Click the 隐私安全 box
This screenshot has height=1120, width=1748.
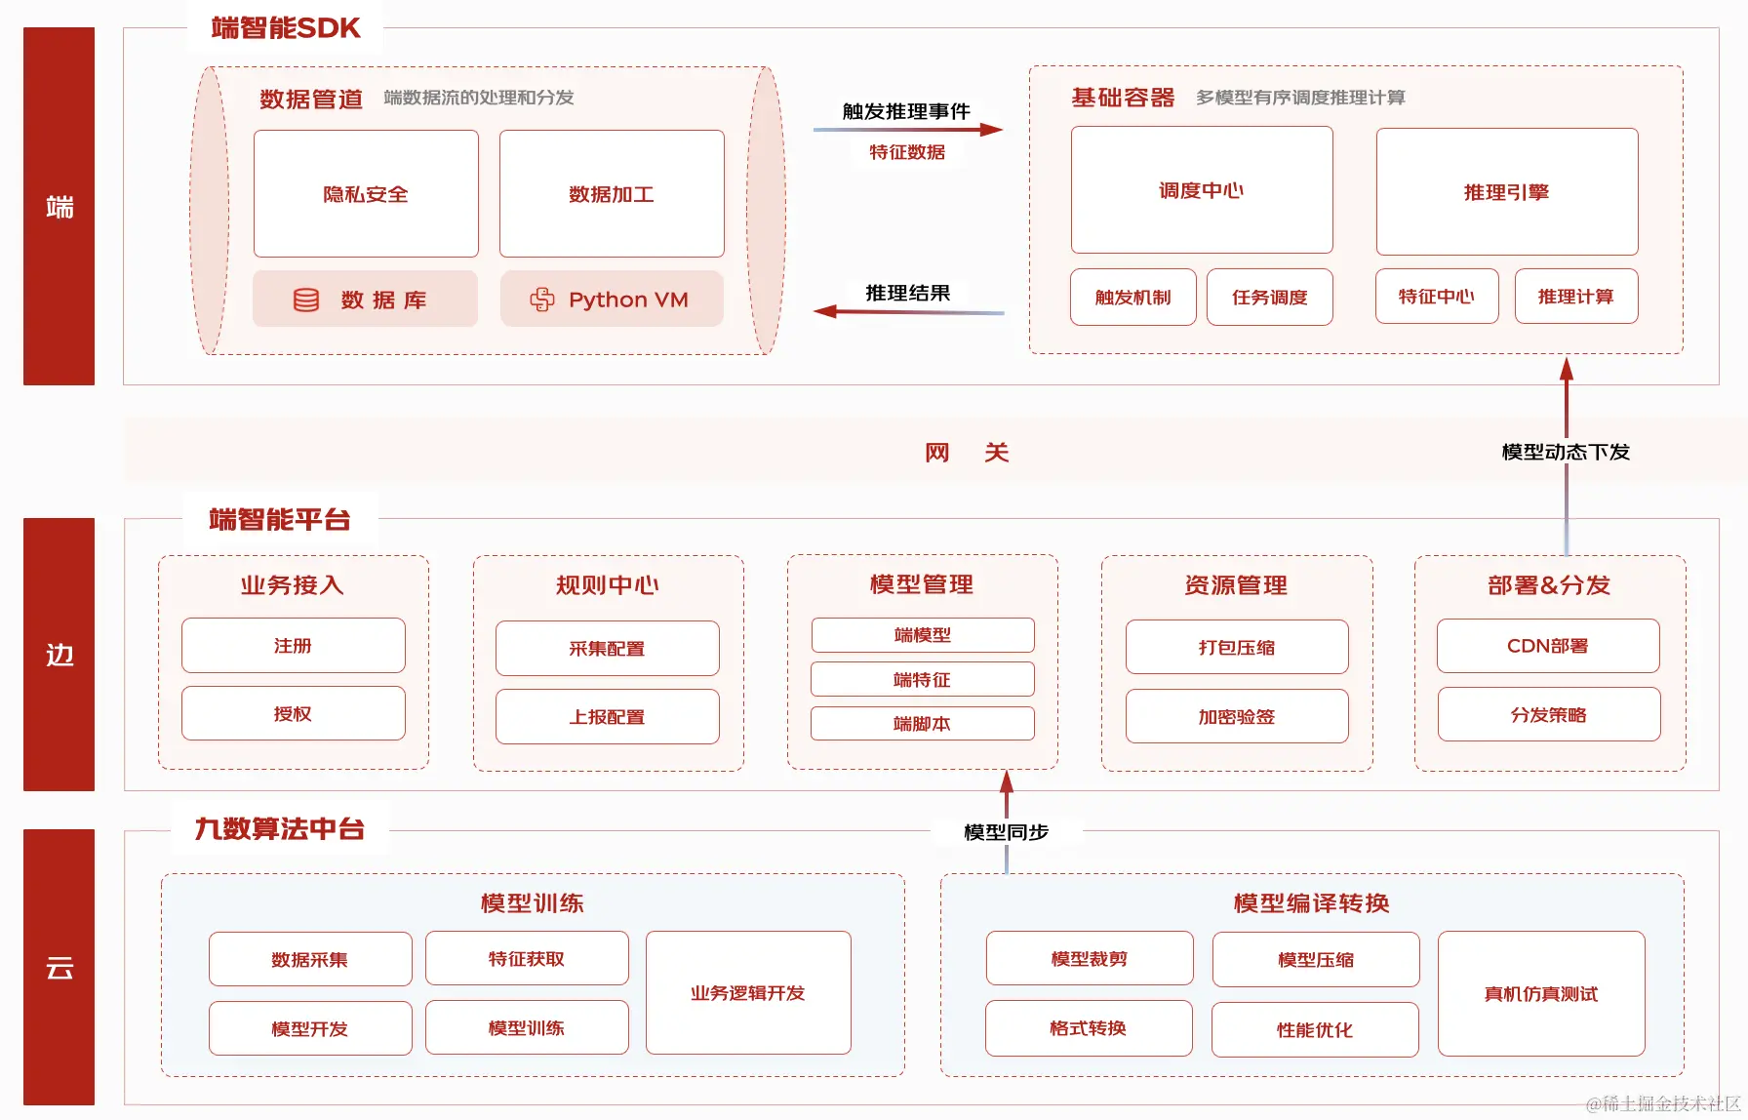366,193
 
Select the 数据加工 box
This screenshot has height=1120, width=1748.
612,193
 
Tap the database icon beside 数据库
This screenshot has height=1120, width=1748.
306,300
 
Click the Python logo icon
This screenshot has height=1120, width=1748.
542,300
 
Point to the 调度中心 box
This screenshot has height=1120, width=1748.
1202,190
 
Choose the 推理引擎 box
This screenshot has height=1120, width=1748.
1507,192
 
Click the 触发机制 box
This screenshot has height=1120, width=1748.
1132,297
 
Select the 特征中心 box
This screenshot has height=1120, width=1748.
1437,297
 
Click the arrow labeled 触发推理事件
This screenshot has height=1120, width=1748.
907,129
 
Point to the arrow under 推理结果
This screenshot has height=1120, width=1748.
907,312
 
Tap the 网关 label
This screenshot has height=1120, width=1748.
966,452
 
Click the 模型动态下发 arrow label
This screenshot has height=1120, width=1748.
1566,452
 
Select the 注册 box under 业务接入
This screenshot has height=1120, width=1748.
293,645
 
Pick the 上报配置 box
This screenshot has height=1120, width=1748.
607,717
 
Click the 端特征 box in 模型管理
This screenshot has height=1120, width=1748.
922,679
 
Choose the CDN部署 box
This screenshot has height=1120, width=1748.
1548,646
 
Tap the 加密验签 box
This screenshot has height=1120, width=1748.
1237,717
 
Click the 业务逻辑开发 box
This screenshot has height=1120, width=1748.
748,993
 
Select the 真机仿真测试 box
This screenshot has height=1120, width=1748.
1541,994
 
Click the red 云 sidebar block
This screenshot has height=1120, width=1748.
59,967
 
